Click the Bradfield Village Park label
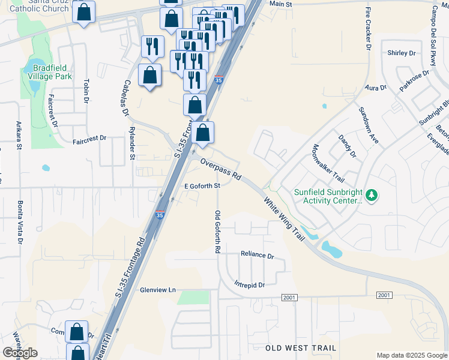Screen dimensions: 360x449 (52, 72)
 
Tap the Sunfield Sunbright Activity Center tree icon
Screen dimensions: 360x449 (372, 195)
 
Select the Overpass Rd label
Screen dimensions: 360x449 (220, 170)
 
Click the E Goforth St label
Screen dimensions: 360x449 (203, 186)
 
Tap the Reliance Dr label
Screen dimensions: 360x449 (257, 254)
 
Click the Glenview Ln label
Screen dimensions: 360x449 (157, 290)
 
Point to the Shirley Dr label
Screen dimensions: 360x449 (402, 53)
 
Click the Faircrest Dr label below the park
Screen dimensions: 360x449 (89, 138)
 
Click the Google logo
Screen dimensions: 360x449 (20, 353)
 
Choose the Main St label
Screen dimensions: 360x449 (280, 4)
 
